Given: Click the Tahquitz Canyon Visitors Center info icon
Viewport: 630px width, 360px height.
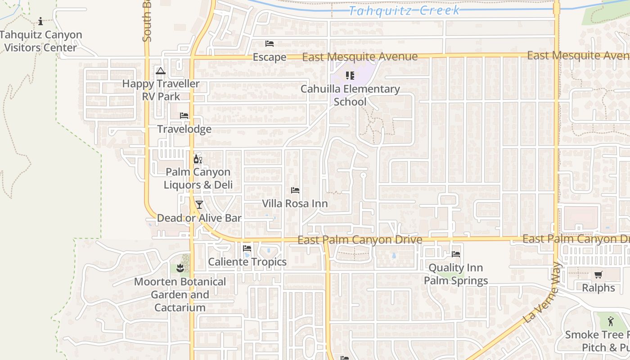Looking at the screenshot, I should (x=40, y=21).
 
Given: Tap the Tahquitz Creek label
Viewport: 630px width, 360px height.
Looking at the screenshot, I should (x=404, y=10).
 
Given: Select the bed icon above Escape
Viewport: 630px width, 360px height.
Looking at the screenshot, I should (x=270, y=44).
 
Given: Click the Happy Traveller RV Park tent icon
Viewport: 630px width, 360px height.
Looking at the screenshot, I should (x=161, y=71).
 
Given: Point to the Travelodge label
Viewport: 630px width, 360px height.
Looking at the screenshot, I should (x=184, y=129).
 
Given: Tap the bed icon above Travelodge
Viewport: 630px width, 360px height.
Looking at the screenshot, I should (x=184, y=116).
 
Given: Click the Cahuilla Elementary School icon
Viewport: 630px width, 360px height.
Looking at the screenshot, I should (x=350, y=76).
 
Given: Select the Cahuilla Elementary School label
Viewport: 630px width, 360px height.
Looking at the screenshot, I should (x=350, y=95).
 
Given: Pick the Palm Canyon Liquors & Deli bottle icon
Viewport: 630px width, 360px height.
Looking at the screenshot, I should (x=198, y=159).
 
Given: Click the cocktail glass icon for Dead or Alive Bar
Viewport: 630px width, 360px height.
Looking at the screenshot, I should (x=199, y=205).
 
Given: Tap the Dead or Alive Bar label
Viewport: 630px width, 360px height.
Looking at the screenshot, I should (x=199, y=218).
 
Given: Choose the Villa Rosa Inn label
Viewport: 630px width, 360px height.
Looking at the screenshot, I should (x=295, y=203).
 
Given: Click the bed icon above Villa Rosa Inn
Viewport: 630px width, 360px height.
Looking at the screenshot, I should (x=295, y=190).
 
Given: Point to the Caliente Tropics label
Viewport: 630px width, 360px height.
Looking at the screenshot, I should (x=247, y=262).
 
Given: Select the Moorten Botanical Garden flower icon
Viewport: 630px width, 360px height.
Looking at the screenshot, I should (x=180, y=269).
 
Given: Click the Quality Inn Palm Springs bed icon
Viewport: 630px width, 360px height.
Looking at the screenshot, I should (x=456, y=254).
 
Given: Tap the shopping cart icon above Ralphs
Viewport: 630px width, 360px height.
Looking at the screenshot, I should (x=598, y=274).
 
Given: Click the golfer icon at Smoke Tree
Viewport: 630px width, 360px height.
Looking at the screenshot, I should (x=611, y=321).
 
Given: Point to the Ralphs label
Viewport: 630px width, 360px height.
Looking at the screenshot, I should (x=598, y=288).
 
